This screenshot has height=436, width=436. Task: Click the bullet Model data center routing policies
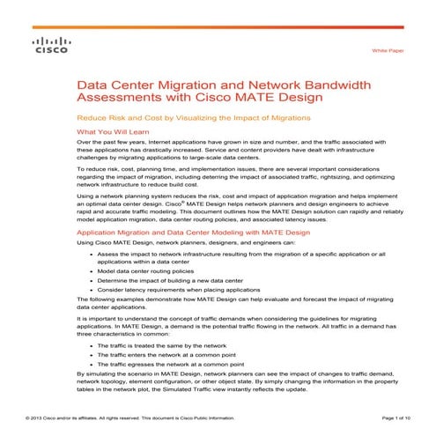coord(147,272)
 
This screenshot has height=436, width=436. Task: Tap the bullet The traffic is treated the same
coord(158,347)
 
